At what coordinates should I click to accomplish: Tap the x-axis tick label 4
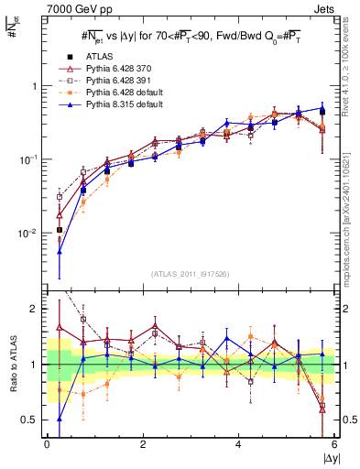pos(238,445)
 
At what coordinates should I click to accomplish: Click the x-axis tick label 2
pos(143,445)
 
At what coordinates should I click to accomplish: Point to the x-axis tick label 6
pos(334,445)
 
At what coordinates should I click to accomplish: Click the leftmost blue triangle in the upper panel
pos(60,251)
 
